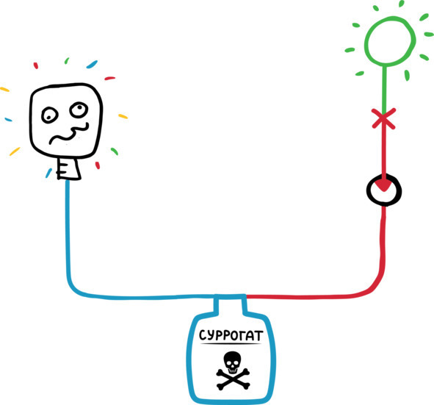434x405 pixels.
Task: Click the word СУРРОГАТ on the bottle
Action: tap(231, 335)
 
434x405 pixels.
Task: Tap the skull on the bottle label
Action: tap(232, 362)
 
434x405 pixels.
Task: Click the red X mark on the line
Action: tap(383, 118)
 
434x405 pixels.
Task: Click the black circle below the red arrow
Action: tap(368, 190)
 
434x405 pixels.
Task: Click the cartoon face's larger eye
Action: tap(79, 110)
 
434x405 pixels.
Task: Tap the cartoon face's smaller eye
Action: tap(49, 115)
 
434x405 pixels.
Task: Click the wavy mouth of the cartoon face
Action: tap(70, 134)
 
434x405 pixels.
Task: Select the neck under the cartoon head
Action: tap(68, 169)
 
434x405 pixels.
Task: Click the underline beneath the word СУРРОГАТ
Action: tap(231, 344)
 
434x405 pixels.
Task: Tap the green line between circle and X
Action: tap(384, 89)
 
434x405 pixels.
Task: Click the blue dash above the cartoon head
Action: tap(92, 64)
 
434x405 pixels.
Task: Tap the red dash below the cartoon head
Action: tap(98, 165)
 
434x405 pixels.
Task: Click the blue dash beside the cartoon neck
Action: tap(48, 173)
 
